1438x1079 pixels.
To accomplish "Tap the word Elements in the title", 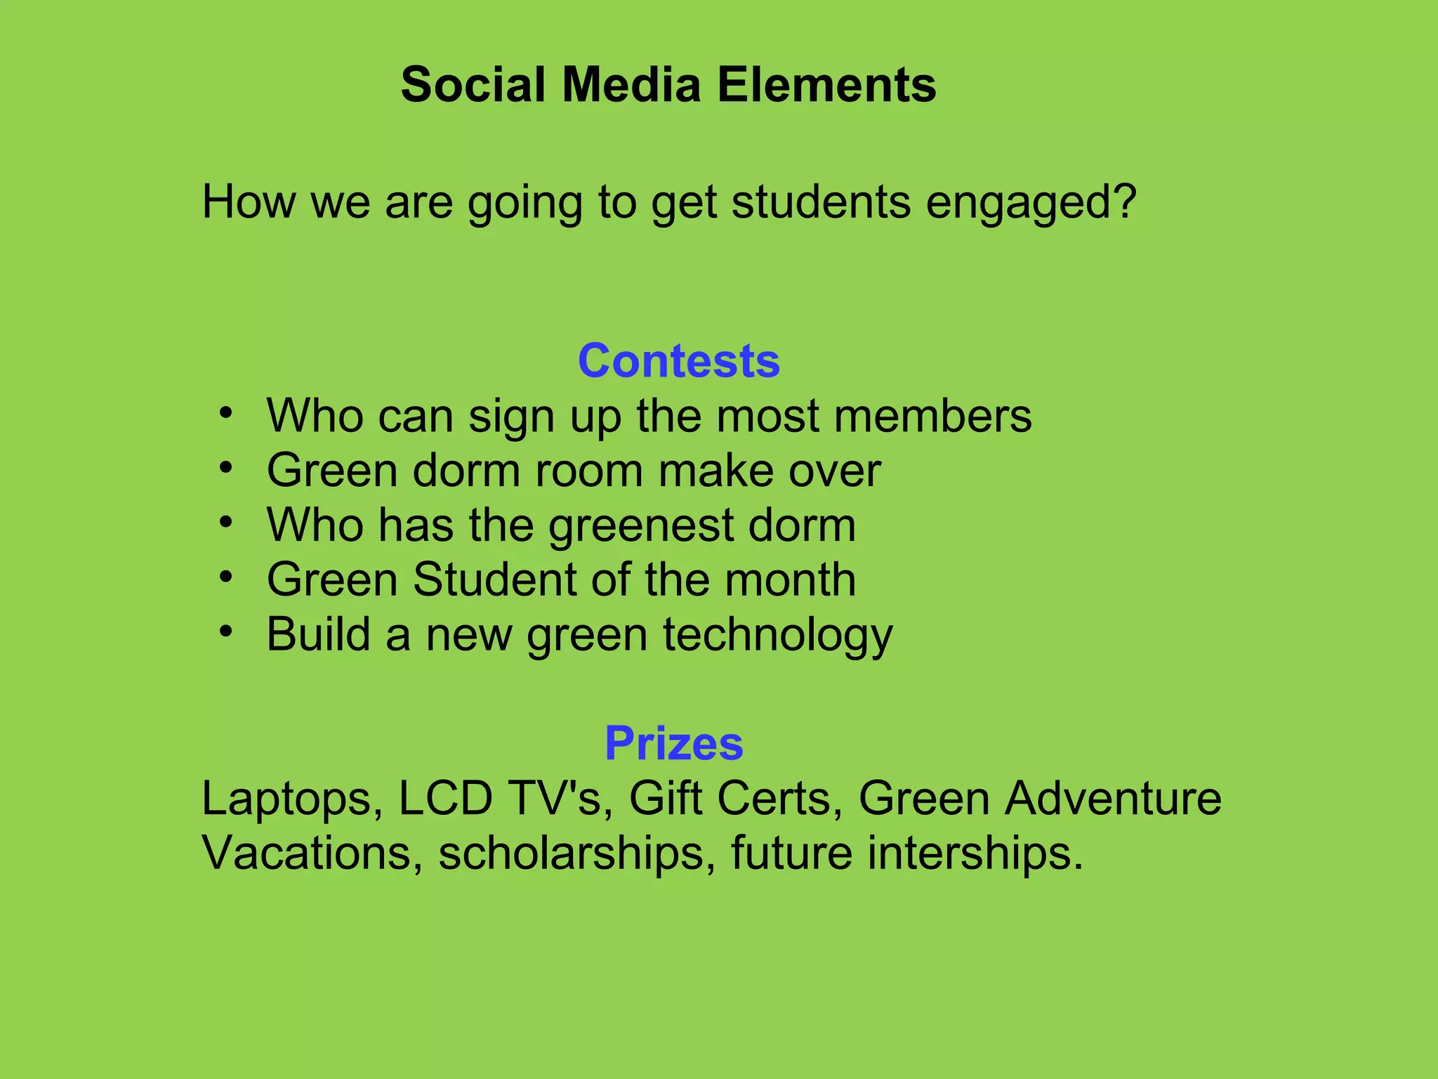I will click(826, 85).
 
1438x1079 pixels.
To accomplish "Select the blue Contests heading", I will click(679, 361).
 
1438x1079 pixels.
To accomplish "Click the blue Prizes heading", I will click(673, 743).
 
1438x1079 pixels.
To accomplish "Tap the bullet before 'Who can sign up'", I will click(225, 413).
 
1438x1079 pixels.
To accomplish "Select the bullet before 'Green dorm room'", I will click(225, 468).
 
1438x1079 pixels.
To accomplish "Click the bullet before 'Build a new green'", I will click(225, 632).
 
